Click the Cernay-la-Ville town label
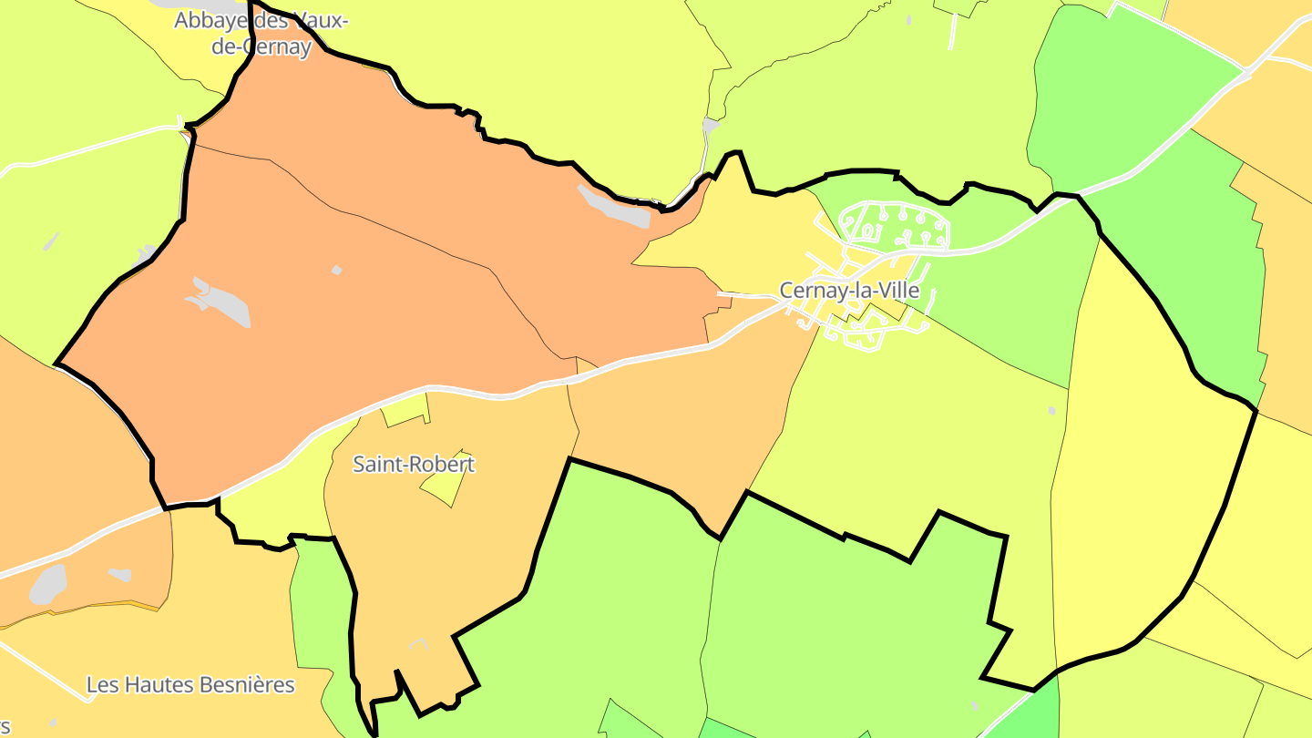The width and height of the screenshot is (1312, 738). [849, 291]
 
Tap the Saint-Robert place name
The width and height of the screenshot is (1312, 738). [414, 464]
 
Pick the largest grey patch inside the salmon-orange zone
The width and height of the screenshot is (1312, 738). [219, 303]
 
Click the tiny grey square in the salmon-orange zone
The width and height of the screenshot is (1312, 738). [336, 270]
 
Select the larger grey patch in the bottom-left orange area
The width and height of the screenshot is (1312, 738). [48, 584]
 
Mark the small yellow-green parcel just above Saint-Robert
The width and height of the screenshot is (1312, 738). [405, 410]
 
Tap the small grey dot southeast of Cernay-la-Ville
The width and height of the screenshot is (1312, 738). [1051, 411]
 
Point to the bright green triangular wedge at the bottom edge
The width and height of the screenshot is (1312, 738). [1039, 711]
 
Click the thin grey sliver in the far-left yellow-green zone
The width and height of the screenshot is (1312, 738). [51, 241]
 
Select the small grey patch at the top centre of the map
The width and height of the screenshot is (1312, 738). [711, 125]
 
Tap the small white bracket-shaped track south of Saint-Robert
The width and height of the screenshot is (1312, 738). [418, 643]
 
